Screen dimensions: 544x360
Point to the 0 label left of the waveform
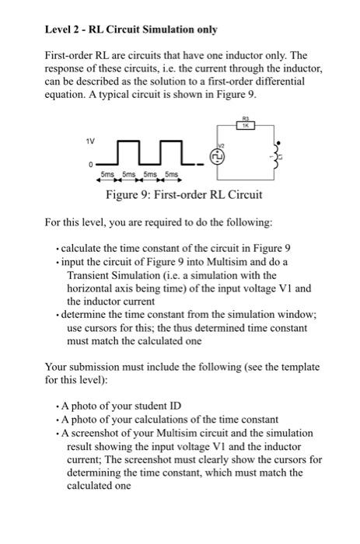(91, 166)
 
